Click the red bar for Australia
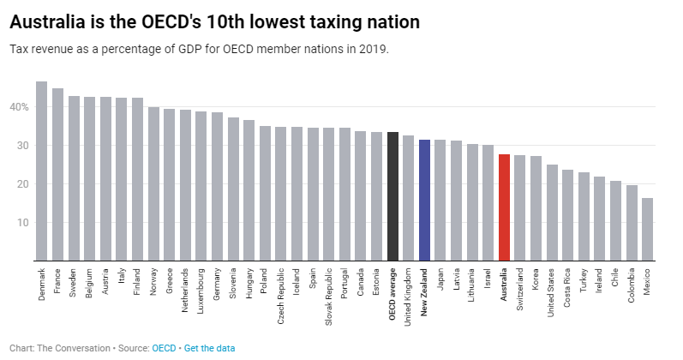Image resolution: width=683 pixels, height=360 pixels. click(504, 207)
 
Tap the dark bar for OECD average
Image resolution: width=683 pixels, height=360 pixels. click(392, 196)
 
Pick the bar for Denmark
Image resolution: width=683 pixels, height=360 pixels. click(41, 171)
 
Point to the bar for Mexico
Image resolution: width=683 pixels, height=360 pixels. click(647, 229)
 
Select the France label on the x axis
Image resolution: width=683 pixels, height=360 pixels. click(57, 284)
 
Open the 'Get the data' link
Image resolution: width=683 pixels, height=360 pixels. click(208, 348)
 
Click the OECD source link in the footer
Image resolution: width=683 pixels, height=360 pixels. click(164, 348)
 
